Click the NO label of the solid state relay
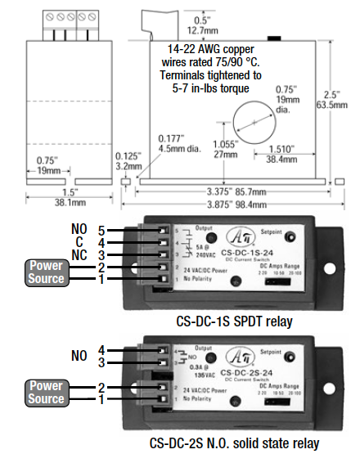pyautogui.click(x=80, y=357)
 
